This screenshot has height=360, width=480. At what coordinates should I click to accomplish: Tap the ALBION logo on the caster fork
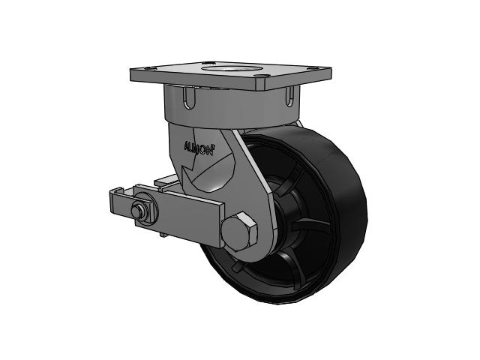[199, 148]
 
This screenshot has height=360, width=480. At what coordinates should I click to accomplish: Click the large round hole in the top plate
[232, 67]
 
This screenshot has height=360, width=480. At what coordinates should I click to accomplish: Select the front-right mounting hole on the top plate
[261, 75]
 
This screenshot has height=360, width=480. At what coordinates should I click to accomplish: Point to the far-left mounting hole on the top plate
[147, 68]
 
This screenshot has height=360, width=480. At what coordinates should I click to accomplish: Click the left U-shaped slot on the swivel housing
[190, 97]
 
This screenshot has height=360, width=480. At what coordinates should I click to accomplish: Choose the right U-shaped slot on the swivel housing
[289, 97]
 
